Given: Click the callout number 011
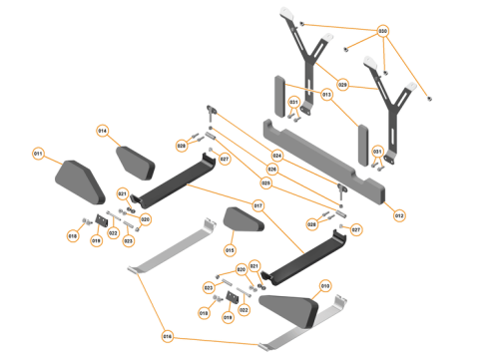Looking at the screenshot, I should tap(38, 154).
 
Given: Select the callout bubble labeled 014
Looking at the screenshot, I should tap(102, 131).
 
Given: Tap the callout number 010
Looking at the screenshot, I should tap(325, 285).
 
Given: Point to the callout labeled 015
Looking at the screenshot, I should tap(229, 249).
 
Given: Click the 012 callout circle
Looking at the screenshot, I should tap(399, 214).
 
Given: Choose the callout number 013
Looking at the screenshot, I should tap(326, 95).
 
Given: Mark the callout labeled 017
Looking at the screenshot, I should tap(257, 206).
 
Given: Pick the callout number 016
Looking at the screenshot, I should tap(167, 335).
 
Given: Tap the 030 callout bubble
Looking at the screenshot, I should tap(382, 31).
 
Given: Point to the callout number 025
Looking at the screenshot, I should tap(266, 182).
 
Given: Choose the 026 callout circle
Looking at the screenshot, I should tap(272, 170).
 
